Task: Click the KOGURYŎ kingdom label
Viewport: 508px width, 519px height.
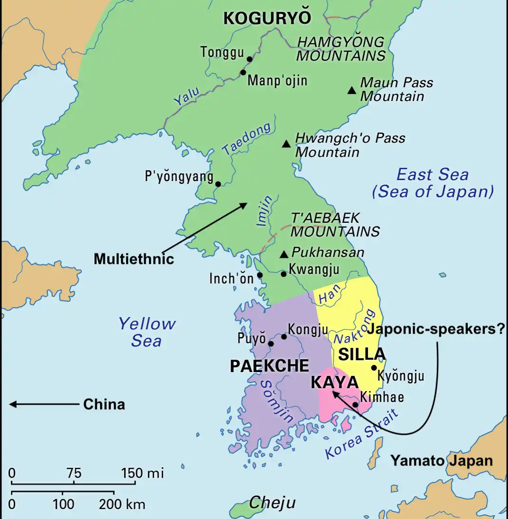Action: coord(267,18)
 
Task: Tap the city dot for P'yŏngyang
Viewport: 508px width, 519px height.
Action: coord(218,184)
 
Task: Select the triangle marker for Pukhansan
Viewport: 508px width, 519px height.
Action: coord(284,255)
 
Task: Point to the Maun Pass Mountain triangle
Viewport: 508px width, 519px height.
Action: coord(351,90)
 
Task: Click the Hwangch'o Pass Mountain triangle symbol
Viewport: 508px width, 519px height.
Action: coord(286,144)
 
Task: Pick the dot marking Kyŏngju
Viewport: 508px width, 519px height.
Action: coord(374,367)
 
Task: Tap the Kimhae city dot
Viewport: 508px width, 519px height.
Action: coord(355,405)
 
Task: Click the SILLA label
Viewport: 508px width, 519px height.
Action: coord(361,354)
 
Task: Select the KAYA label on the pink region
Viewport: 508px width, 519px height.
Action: coord(334,382)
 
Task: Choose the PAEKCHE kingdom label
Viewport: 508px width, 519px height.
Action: coord(269,366)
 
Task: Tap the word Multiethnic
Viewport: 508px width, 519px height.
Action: coord(134,259)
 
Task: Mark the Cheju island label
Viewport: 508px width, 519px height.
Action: coord(272,502)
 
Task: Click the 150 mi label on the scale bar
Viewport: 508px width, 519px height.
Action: coord(142,473)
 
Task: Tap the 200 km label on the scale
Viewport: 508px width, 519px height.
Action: coord(122,504)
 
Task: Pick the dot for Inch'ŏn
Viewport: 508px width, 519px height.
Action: coord(259,275)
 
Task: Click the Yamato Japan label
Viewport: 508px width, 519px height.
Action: coord(441,461)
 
